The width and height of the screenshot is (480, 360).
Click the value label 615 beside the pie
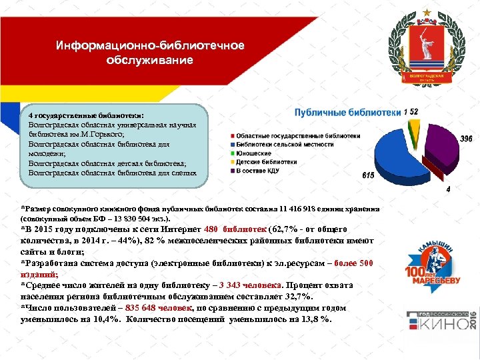[368, 175]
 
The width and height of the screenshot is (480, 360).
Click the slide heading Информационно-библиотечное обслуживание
[149, 53]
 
